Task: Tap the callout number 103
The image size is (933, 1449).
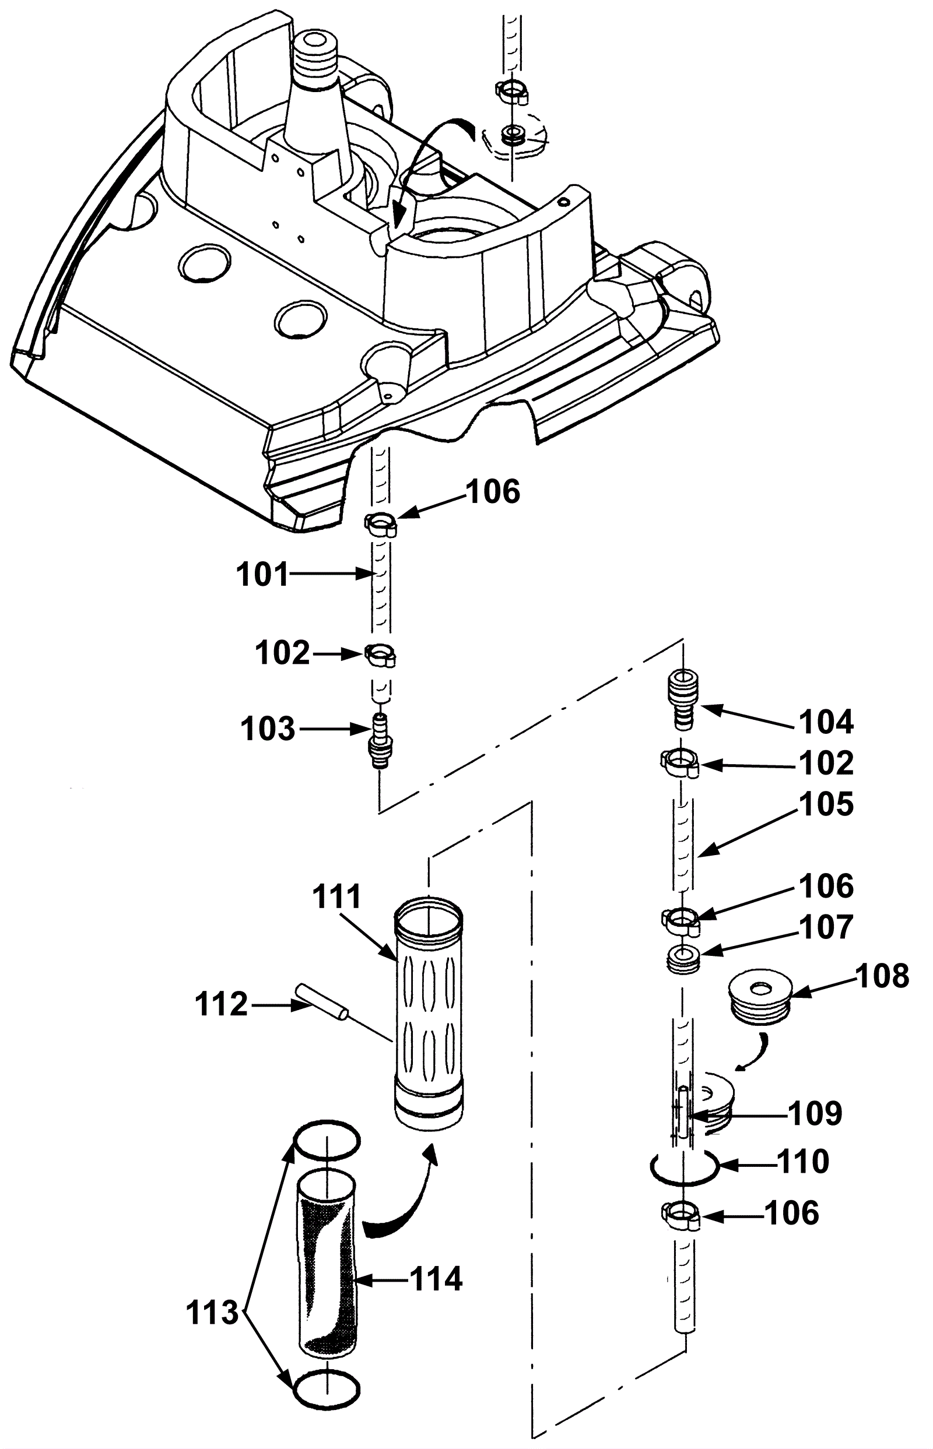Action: click(x=268, y=729)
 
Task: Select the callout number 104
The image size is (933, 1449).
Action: click(x=826, y=722)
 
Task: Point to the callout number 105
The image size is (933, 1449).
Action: click(x=826, y=805)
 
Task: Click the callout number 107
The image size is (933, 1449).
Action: click(x=826, y=928)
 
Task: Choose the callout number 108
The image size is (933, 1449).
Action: click(x=882, y=977)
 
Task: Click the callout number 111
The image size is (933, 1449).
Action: click(x=337, y=897)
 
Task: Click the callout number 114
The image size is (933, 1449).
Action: click(x=436, y=1279)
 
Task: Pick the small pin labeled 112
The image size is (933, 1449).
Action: click(x=321, y=1003)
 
